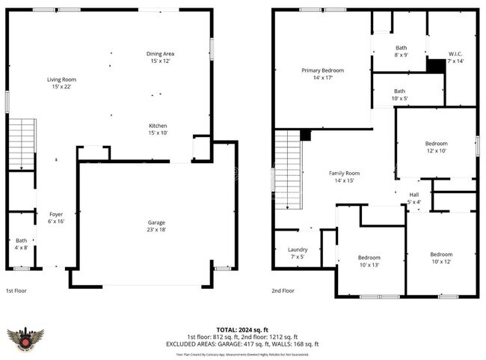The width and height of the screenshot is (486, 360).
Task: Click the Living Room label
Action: (61, 83)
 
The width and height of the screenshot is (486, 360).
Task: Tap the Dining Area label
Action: (160, 58)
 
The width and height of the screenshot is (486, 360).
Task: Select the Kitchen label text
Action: (158, 129)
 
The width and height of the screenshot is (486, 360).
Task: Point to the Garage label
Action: (156, 226)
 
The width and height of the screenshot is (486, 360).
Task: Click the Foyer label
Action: (56, 218)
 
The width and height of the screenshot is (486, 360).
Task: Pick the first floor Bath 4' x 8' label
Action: (20, 242)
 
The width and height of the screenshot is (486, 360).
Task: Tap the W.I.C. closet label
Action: (455, 58)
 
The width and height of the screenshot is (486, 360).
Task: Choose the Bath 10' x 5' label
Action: (401, 95)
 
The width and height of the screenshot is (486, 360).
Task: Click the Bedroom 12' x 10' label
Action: (436, 147)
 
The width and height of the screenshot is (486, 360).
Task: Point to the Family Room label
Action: (344, 177)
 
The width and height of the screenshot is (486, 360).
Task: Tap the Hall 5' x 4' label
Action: (413, 198)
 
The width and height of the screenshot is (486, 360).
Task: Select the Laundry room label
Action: (297, 254)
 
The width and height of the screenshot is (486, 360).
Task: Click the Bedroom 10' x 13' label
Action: (369, 261)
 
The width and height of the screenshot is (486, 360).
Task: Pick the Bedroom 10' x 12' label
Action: (441, 258)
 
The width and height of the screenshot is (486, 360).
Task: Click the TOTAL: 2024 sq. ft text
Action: (243, 329)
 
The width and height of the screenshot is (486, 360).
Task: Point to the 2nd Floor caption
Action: (283, 290)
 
